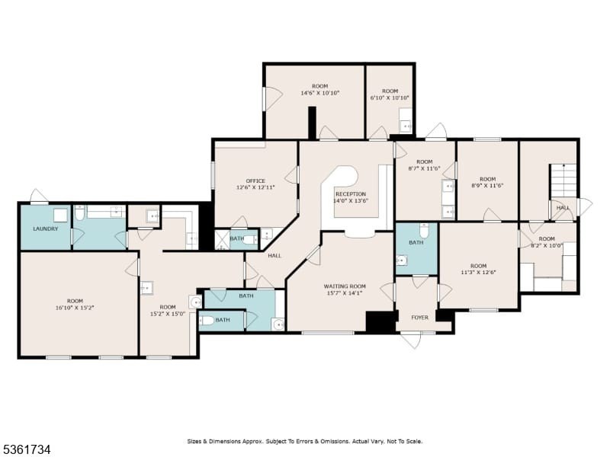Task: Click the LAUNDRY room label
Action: [x=46, y=229]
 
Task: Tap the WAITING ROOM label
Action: [x=345, y=286]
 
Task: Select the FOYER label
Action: [x=420, y=318]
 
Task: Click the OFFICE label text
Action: [x=255, y=181]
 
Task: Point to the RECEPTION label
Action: [x=351, y=194]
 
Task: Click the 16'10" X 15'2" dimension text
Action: [x=75, y=308]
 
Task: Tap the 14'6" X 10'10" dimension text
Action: [x=320, y=93]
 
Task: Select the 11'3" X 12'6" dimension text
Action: [x=479, y=272]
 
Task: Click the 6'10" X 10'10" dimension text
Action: [x=390, y=98]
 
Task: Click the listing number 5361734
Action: [x=26, y=449]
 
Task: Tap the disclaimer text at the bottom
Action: [x=304, y=442]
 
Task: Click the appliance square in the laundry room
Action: [x=61, y=215]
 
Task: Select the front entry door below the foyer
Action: [x=412, y=340]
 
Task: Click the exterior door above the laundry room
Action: [x=40, y=196]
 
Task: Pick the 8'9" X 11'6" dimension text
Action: [x=487, y=185]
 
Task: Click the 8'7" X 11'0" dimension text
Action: [x=424, y=168]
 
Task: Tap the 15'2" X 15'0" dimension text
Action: [x=168, y=314]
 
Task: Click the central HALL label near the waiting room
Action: [x=274, y=256]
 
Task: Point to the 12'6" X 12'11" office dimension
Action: [x=255, y=187]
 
